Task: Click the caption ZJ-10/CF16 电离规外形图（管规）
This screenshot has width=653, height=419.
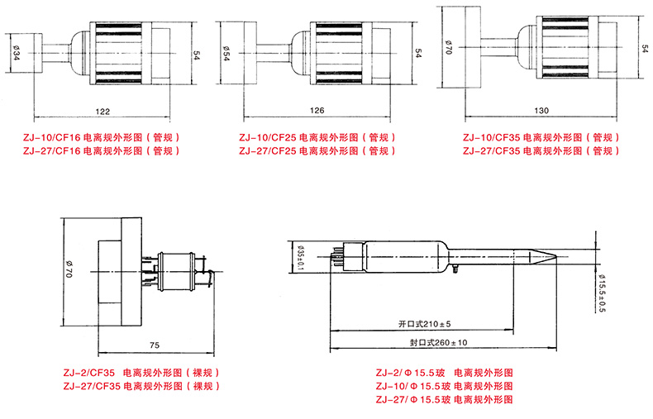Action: point(101,136)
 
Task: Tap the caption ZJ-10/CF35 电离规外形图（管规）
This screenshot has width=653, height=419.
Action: point(540,136)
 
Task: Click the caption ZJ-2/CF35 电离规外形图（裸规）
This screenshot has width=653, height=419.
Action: point(142,373)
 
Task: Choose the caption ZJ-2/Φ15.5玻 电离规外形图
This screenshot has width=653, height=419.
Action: point(444,373)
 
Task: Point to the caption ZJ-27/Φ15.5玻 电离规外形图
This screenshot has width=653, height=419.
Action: point(444,399)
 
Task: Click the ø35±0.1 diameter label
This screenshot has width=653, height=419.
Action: point(301,255)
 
